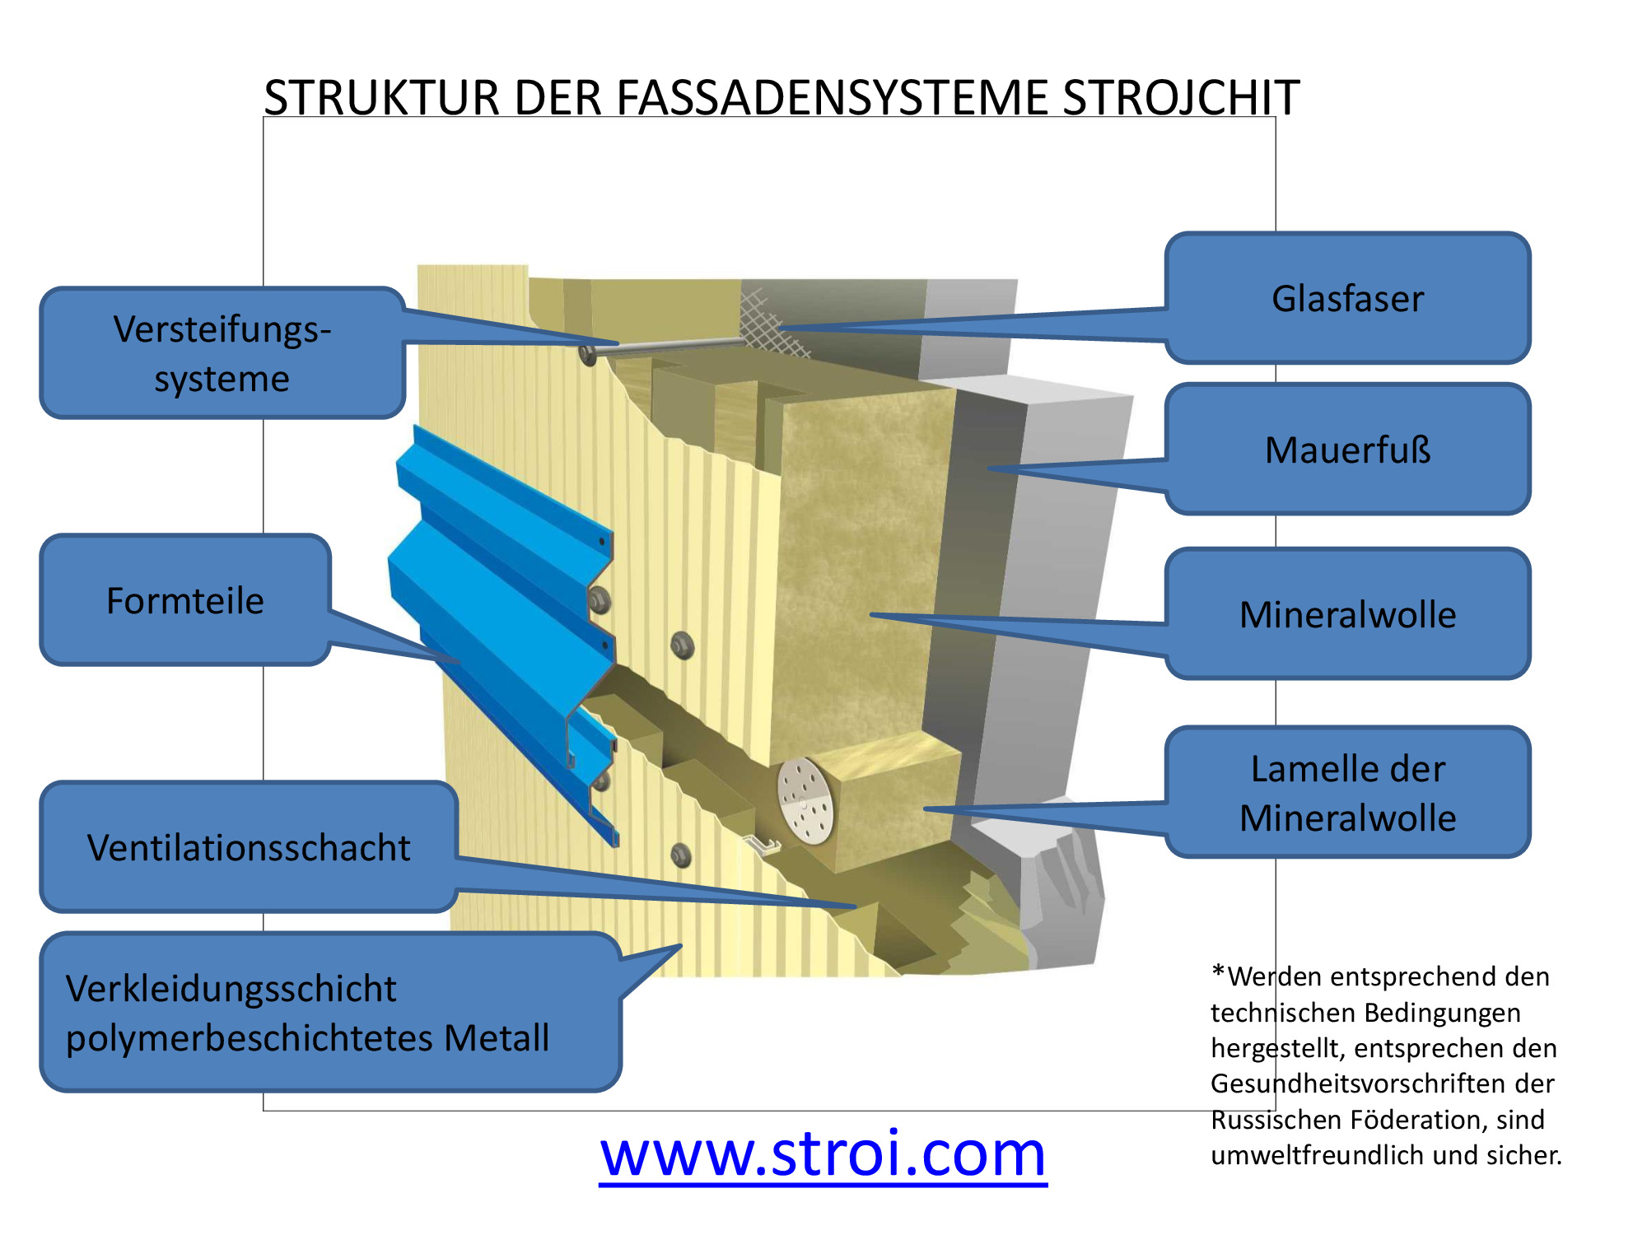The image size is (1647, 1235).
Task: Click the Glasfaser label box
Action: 1347,298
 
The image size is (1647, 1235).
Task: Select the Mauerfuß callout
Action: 1347,450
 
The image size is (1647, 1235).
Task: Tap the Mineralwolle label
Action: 1347,614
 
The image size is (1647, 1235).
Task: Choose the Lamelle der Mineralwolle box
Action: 1347,792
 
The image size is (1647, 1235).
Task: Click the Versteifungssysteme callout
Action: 222,353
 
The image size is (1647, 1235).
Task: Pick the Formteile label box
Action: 185,600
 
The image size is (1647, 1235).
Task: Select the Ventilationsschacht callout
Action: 249,847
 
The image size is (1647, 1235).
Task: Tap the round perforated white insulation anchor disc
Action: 805,801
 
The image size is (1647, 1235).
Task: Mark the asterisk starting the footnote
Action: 1218,973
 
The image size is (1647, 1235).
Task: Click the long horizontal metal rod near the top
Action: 667,347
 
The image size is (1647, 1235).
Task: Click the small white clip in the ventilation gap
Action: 762,845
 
